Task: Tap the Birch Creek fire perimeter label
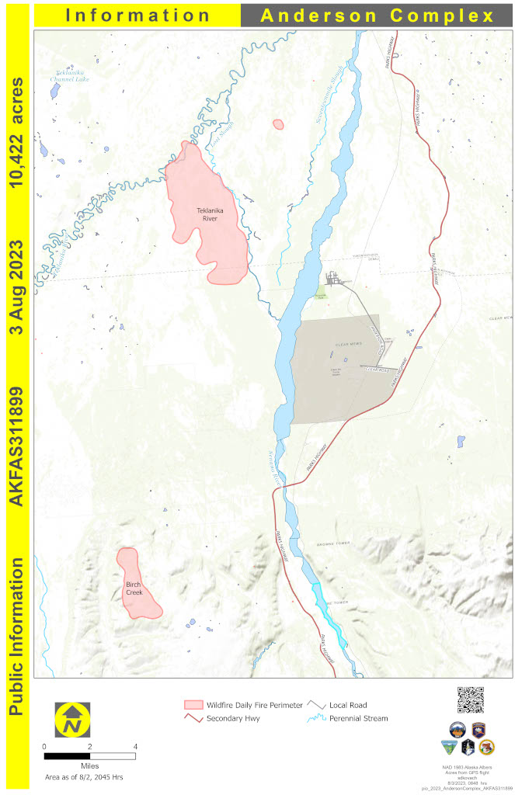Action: [134, 588]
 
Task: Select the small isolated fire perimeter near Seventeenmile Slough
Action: [278, 123]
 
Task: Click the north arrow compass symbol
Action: [72, 720]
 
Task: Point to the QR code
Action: [471, 700]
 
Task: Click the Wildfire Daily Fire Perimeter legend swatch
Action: [193, 705]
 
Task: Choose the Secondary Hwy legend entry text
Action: [233, 718]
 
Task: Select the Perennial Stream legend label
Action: [357, 718]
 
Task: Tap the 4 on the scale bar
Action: [135, 747]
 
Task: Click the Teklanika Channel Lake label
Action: [69, 75]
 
